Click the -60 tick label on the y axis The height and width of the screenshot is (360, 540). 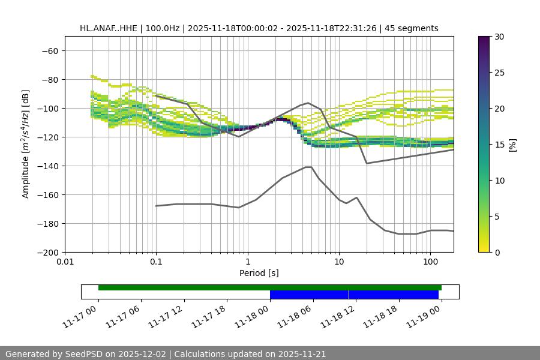click(x=49, y=50)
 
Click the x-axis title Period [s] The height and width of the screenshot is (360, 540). click(x=259, y=273)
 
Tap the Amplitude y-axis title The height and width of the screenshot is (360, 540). click(x=26, y=144)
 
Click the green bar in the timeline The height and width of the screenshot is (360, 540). click(x=180, y=287)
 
